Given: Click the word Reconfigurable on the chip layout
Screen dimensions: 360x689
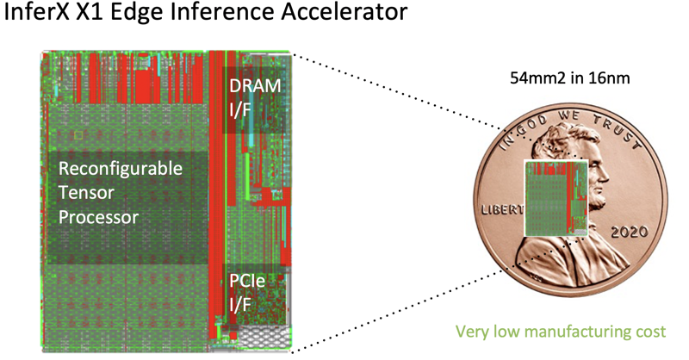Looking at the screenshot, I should click(120, 169).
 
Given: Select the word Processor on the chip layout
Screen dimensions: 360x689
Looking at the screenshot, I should click(98, 217).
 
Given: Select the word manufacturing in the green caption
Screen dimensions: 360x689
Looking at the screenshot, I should click(569, 330).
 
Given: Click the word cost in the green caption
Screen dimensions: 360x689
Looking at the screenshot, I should click(655, 330).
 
